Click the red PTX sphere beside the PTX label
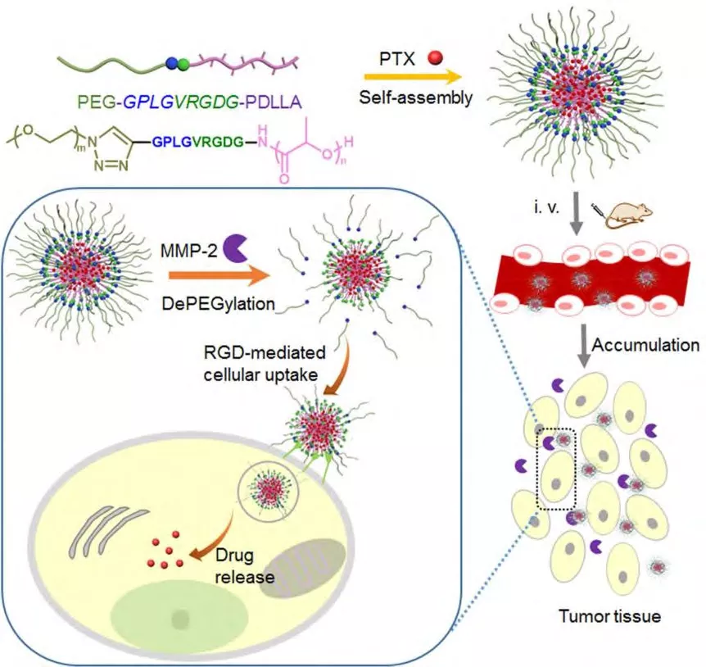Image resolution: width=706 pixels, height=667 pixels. [x=439, y=57]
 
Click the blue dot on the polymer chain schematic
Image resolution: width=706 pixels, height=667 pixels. [x=171, y=63]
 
